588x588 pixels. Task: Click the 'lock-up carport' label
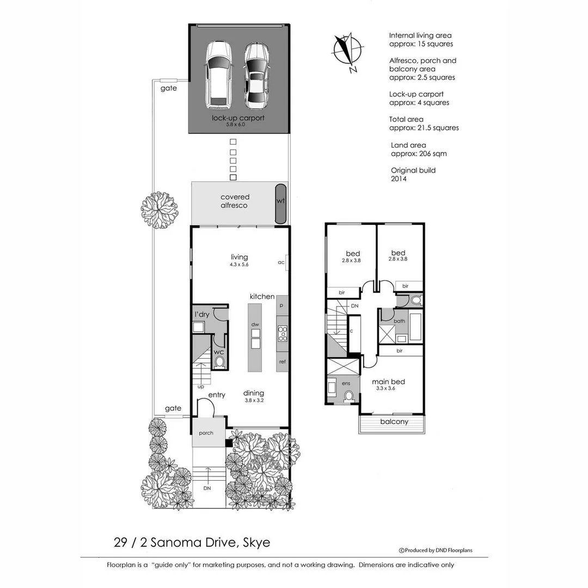point(239,118)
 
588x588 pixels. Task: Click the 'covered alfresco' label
point(234,201)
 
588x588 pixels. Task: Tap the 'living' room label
point(239,257)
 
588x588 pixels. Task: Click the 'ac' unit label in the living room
point(281,262)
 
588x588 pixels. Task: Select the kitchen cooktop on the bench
point(283,333)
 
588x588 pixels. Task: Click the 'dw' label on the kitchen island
point(254,324)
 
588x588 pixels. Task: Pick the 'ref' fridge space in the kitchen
point(282,362)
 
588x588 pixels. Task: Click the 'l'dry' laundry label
point(203,315)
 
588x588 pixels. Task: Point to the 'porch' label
point(206,433)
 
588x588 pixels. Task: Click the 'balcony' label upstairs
point(394,421)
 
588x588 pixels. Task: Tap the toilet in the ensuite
point(350,395)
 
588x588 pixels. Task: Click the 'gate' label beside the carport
point(168,88)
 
